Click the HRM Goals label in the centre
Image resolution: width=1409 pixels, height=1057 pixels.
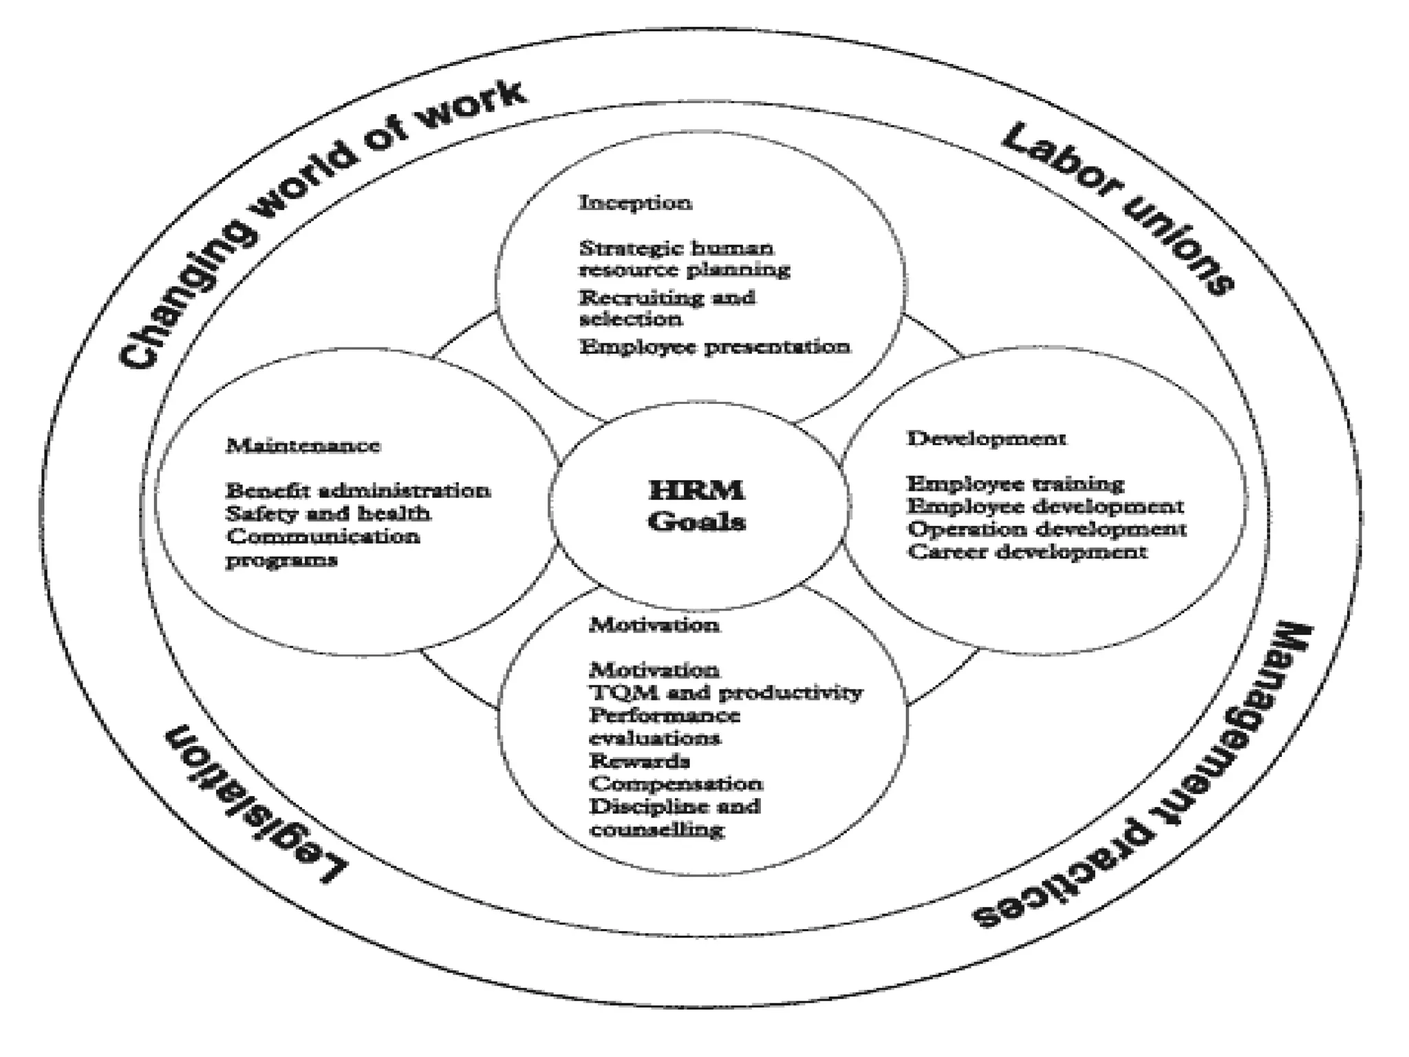point(696,506)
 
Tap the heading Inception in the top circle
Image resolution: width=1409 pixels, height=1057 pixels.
point(635,203)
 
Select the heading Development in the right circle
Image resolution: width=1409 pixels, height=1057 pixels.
point(987,438)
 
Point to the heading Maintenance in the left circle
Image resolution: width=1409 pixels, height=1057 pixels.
point(303,446)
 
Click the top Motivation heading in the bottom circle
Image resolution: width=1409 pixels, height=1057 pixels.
point(654,625)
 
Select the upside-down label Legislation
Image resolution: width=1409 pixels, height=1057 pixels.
point(255,805)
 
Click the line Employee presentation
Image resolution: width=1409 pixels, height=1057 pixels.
point(714,346)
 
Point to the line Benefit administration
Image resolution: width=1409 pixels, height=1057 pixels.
point(358,491)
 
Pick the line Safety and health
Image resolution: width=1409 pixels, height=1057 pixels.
point(328,513)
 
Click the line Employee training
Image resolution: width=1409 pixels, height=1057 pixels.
point(1015,484)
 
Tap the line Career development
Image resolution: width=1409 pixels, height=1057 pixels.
point(1027,551)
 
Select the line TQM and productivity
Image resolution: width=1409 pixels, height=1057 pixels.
point(725,692)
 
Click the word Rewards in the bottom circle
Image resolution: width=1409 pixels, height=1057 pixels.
point(639,761)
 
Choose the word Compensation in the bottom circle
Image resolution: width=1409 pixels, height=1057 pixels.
point(676,784)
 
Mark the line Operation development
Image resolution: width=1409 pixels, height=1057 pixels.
point(1046,529)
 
